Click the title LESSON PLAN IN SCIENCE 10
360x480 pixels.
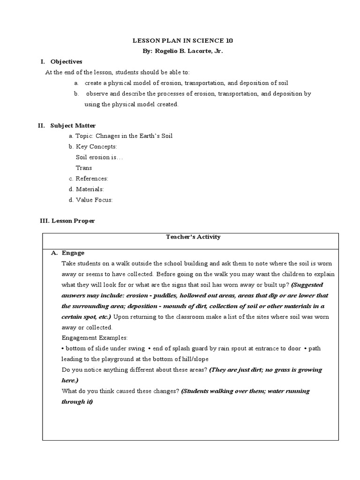pyautogui.click(x=180, y=41)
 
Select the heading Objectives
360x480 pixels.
pyautogui.click(x=66, y=61)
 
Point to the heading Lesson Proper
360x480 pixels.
pyautogui.click(x=73, y=221)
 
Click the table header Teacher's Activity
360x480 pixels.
pyautogui.click(x=193, y=237)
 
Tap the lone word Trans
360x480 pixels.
pyautogui.click(x=84, y=168)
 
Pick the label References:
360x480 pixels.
pyautogui.click(x=92, y=179)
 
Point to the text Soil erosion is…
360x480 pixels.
pyautogui.click(x=99, y=157)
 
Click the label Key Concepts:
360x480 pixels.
pyautogui.click(x=97, y=147)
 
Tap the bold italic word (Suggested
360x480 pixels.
pyautogui.click(x=307, y=285)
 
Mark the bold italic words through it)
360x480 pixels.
pyautogui.click(x=77, y=402)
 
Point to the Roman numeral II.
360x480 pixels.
pyautogui.click(x=41, y=125)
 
